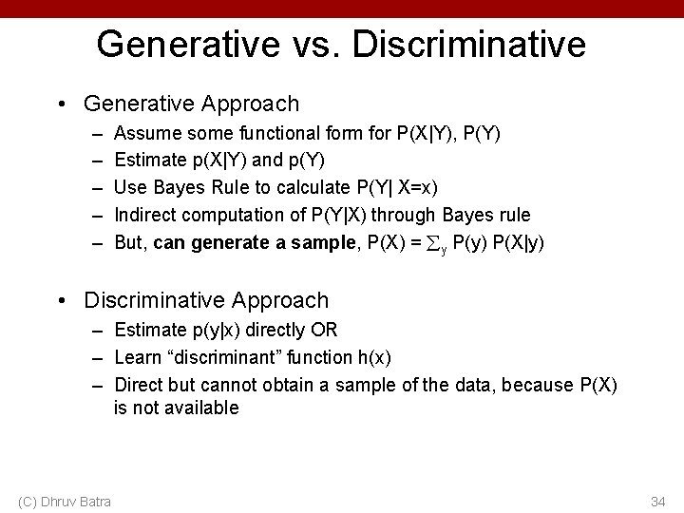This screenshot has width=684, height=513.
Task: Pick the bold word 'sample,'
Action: click(x=320, y=242)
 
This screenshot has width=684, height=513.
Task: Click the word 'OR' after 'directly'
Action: click(x=338, y=330)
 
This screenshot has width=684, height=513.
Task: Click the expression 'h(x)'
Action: click(x=373, y=357)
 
